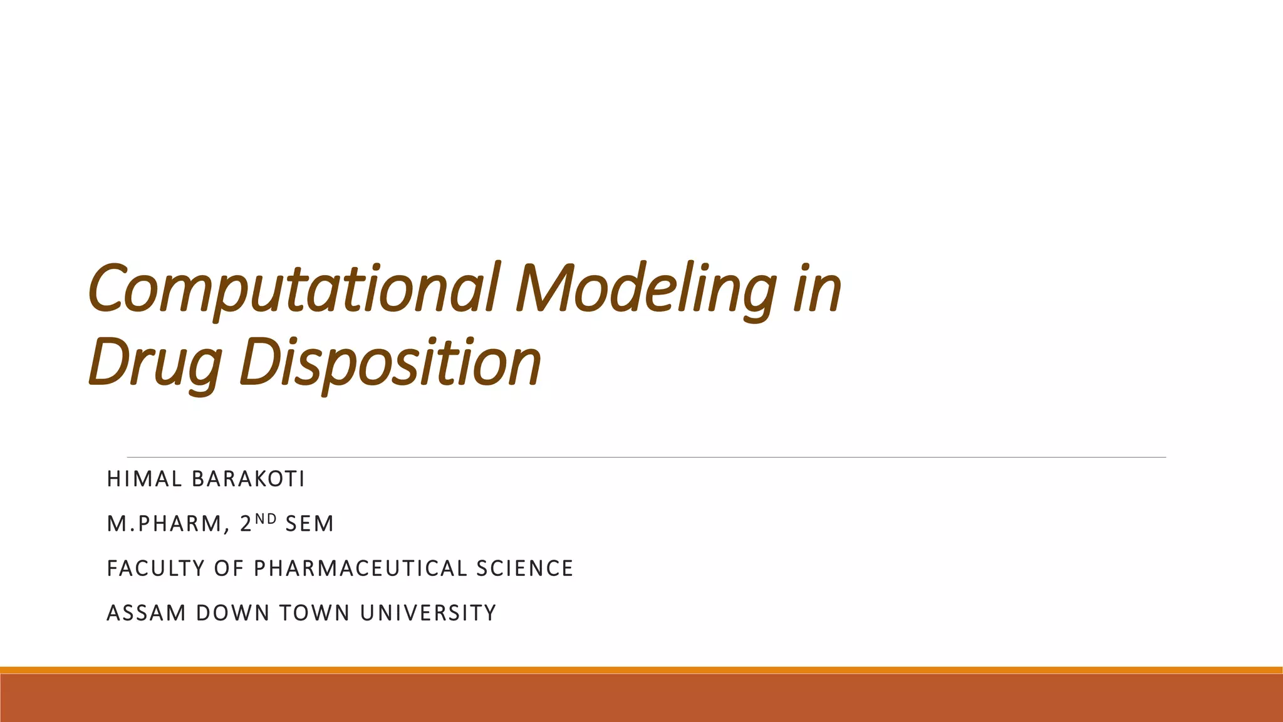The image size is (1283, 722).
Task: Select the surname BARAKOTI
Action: (248, 479)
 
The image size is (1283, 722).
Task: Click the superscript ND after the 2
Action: (266, 518)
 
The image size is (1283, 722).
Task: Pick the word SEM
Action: (309, 524)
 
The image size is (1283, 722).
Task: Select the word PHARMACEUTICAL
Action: (360, 568)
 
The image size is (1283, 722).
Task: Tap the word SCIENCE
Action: (524, 568)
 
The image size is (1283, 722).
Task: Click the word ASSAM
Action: (147, 613)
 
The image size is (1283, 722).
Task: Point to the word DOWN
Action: (232, 613)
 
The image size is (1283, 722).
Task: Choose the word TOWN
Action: (314, 613)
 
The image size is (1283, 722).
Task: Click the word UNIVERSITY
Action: (429, 613)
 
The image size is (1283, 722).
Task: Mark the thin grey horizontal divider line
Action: (645, 458)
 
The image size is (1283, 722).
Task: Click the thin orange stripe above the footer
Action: (641, 670)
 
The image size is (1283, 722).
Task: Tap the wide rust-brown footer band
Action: (641, 698)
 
